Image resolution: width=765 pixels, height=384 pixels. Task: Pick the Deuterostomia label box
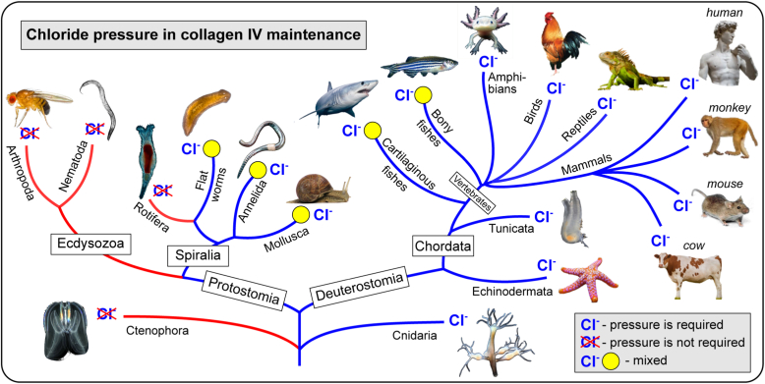point(356,292)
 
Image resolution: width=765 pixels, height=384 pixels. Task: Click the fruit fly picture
point(29,105)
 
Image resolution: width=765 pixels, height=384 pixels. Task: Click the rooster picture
point(557,46)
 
